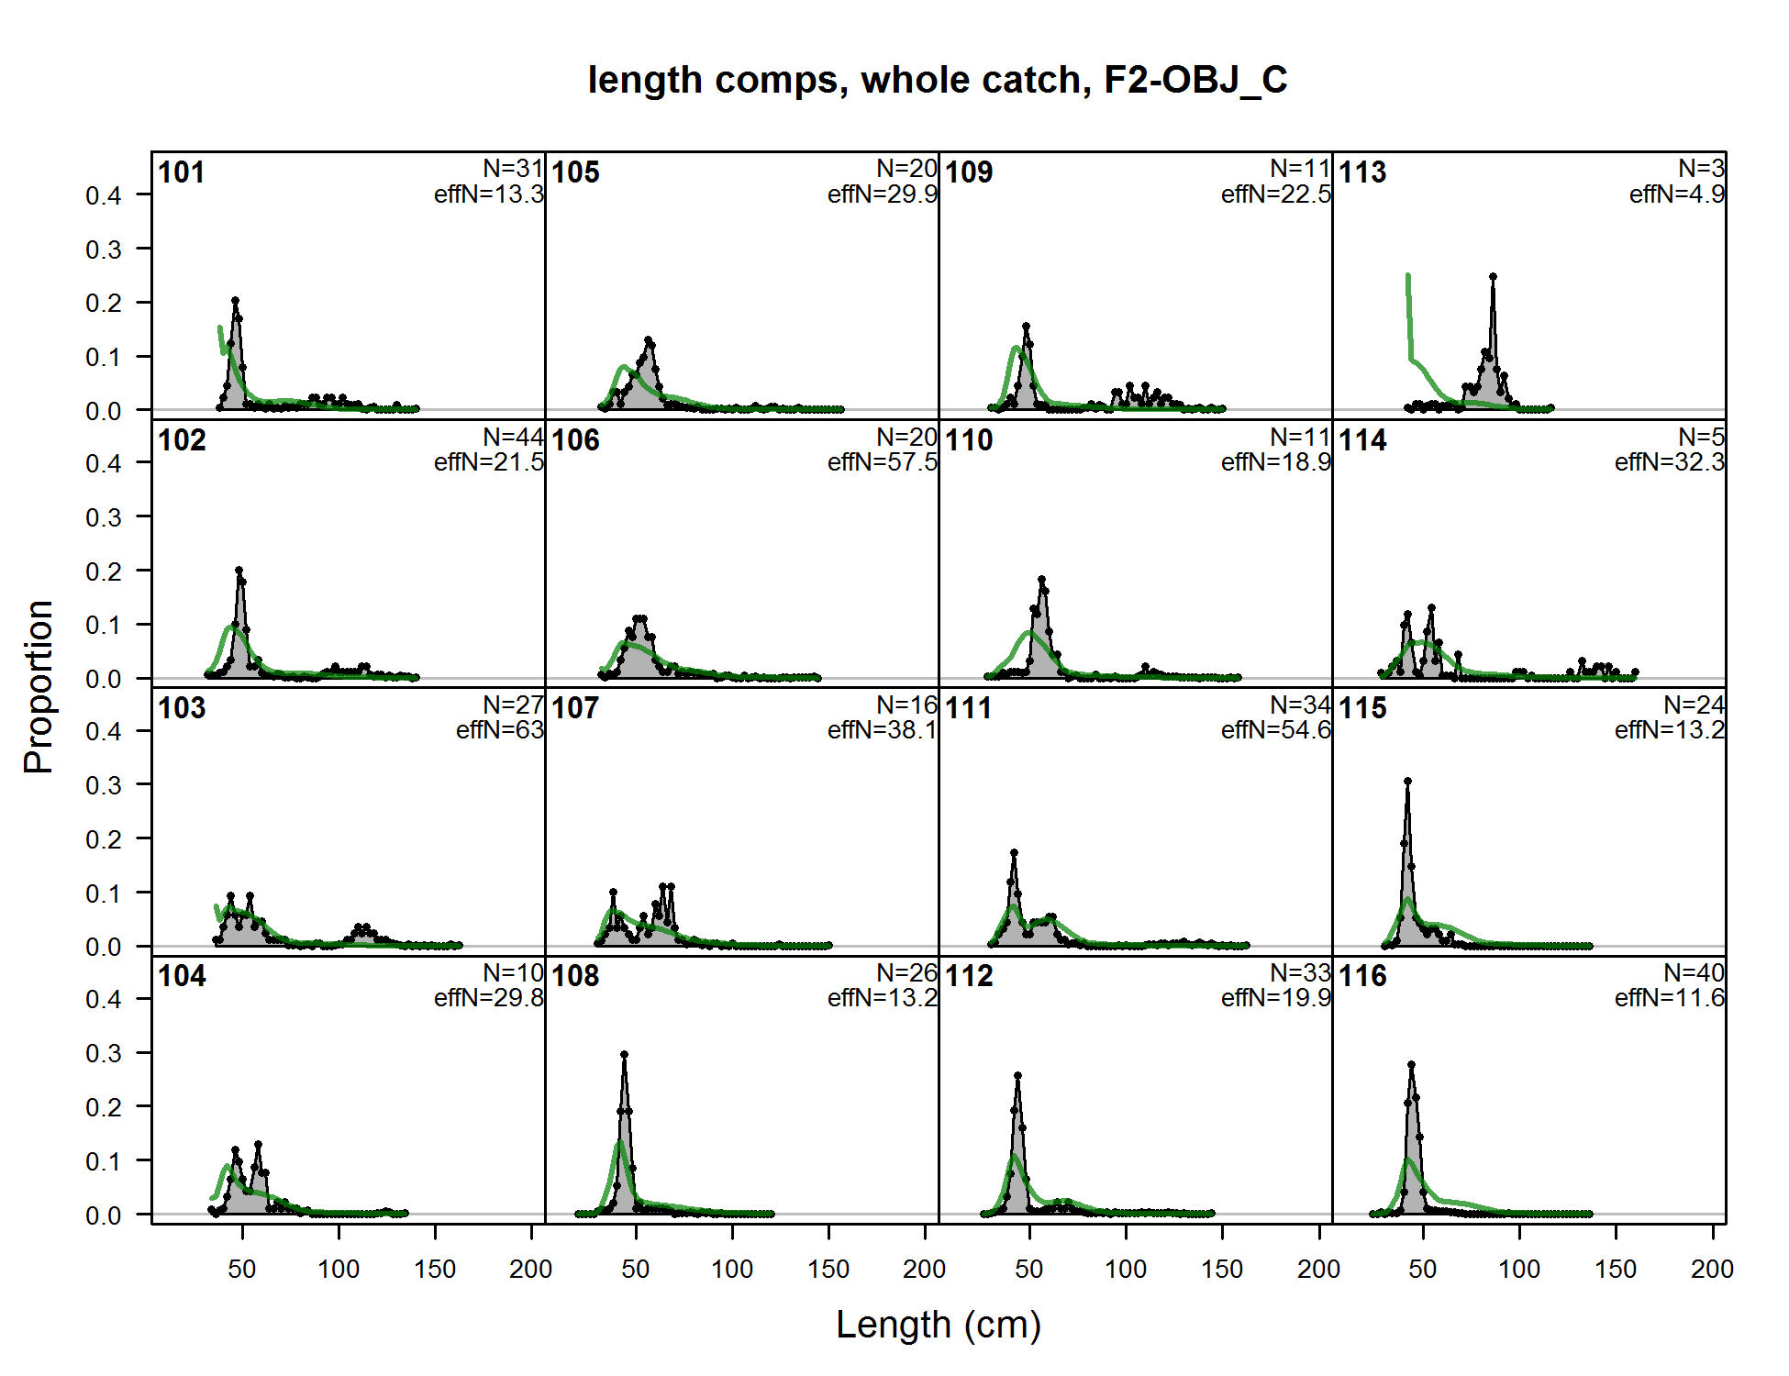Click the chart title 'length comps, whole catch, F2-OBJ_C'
pyautogui.click(x=938, y=80)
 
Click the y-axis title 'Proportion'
pyautogui.click(x=39, y=686)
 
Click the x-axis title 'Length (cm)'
pyautogui.click(x=939, y=1325)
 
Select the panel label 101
pyautogui.click(x=182, y=172)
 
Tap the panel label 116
pyautogui.click(x=1362, y=976)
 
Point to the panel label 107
pyautogui.click(x=575, y=708)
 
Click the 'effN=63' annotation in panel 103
pyautogui.click(x=500, y=730)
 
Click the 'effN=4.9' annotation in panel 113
pyautogui.click(x=1677, y=194)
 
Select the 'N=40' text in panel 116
pyautogui.click(x=1695, y=972)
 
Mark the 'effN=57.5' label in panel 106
pyautogui.click(x=883, y=462)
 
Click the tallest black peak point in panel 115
pyautogui.click(x=1407, y=782)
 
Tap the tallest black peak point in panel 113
pyautogui.click(x=1493, y=276)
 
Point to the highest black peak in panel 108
pyautogui.click(x=624, y=1055)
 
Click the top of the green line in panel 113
pyautogui.click(x=1407, y=275)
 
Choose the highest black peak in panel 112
pyautogui.click(x=1017, y=1075)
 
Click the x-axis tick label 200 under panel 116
pyautogui.click(x=1712, y=1270)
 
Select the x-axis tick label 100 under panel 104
pyautogui.click(x=339, y=1270)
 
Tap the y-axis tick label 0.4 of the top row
pyautogui.click(x=104, y=195)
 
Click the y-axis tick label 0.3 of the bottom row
pyautogui.click(x=104, y=1053)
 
